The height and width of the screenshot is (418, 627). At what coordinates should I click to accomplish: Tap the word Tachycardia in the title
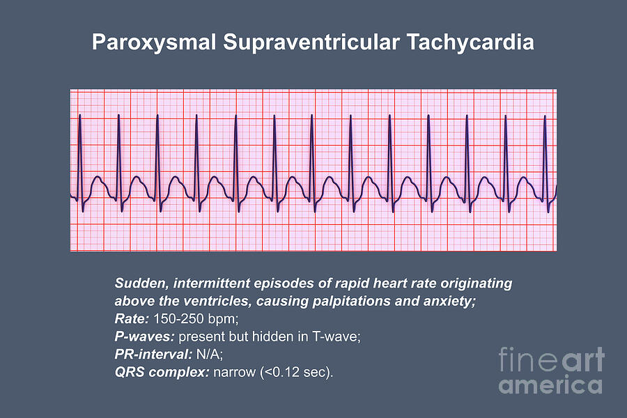click(470, 43)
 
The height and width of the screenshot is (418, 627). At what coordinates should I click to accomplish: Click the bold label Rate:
click(131, 320)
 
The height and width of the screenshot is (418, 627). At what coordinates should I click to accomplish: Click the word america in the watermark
click(552, 385)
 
